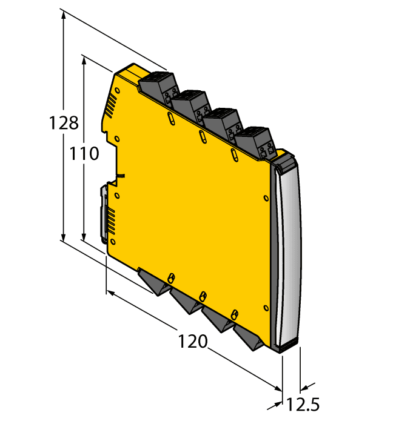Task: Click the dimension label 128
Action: tap(64, 123)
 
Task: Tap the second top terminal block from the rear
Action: tap(190, 104)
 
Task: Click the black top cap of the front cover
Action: tap(286, 162)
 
